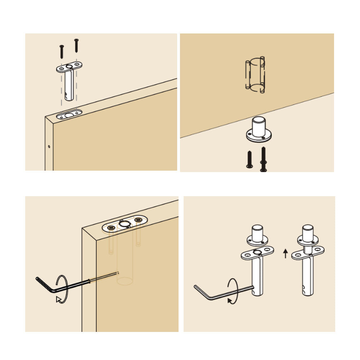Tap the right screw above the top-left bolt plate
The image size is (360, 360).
point(76,45)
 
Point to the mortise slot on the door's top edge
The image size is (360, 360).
point(69,115)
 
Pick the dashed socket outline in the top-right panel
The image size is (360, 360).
point(255,74)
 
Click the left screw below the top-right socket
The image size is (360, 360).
point(249,159)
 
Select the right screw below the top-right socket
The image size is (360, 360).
point(263,159)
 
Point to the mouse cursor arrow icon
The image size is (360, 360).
point(59,300)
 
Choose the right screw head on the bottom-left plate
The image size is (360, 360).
point(138,220)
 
